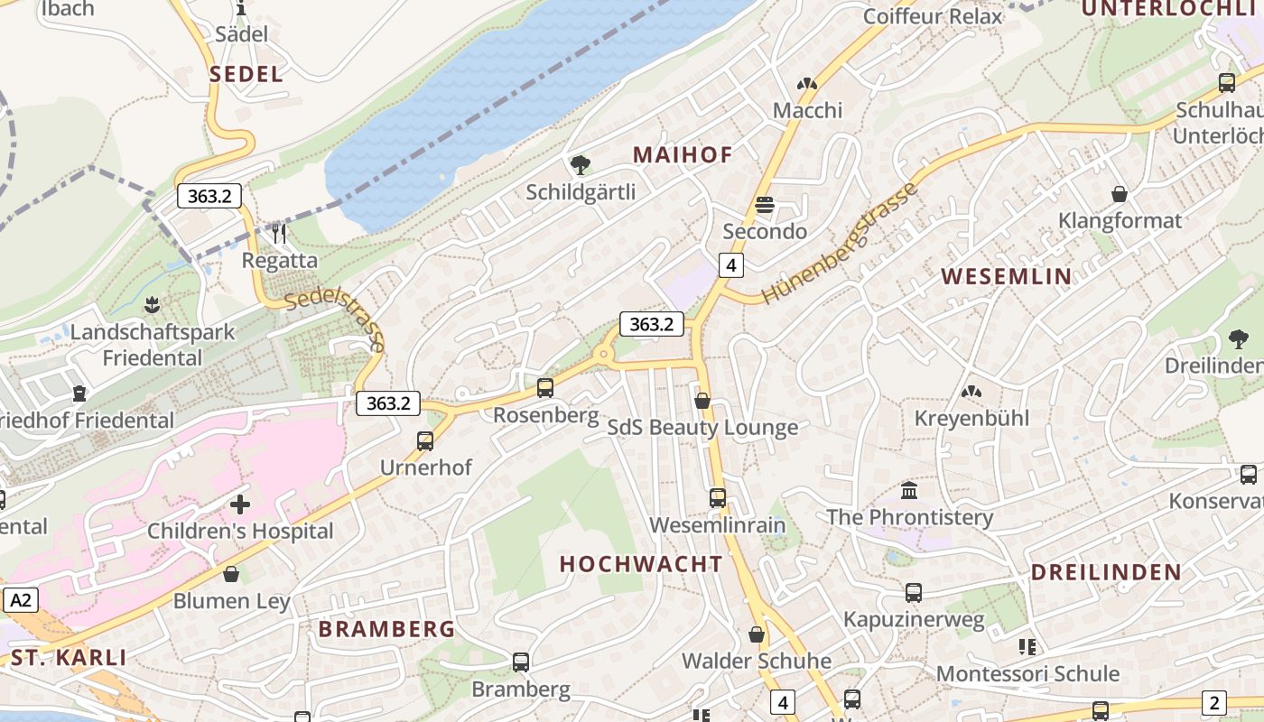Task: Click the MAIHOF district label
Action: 683,155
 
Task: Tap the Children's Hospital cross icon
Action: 240,504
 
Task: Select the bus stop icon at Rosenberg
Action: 545,388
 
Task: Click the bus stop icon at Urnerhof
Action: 425,441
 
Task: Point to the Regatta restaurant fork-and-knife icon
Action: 279,234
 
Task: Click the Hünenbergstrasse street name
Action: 840,244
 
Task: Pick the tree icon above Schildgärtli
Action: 581,164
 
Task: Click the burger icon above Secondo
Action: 765,205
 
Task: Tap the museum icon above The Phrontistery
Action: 909,490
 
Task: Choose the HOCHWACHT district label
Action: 641,564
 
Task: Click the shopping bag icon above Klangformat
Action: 1120,194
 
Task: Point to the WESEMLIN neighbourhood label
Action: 1007,277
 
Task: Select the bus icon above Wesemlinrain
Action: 718,497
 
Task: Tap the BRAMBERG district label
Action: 386,629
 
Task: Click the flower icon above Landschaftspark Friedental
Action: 152,305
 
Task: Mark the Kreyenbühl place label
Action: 971,419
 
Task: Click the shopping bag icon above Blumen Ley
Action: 232,574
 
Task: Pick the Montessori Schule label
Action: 1027,674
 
